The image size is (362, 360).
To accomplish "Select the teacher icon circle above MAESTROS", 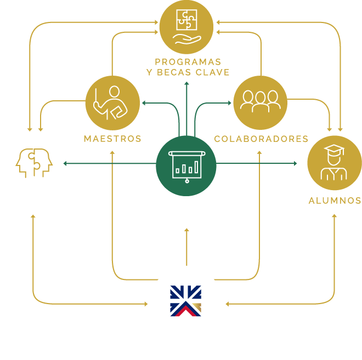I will click(x=112, y=102).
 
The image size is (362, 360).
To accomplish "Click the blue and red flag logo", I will click(x=185, y=301).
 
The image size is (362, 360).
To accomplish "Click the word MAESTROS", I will click(x=112, y=139).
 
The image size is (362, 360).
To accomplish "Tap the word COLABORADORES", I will click(x=261, y=139).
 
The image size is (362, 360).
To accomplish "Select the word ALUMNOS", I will click(x=335, y=201).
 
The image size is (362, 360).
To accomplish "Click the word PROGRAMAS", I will click(x=188, y=61).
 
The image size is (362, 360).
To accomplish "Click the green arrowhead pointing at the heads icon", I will click(x=65, y=163).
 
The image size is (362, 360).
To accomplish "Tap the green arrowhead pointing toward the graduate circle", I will click(x=295, y=163).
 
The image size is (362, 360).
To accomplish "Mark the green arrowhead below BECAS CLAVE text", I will click(x=186, y=84).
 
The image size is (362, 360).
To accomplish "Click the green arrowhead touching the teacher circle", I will click(x=144, y=102).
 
